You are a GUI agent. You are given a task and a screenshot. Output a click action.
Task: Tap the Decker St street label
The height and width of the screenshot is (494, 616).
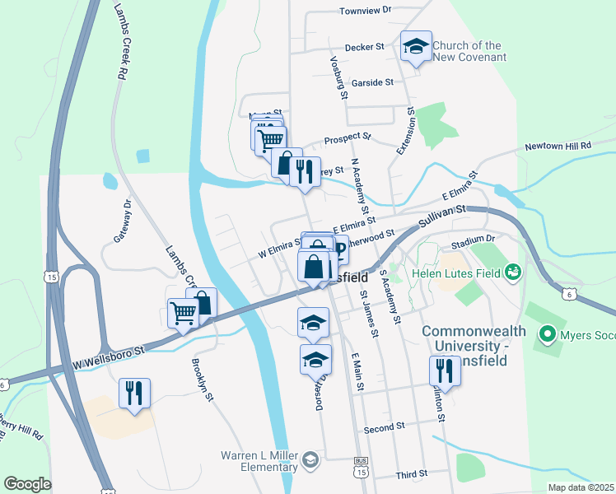pyautogui.click(x=366, y=48)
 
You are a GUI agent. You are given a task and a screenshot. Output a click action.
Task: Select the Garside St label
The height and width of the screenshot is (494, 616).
pyautogui.click(x=373, y=82)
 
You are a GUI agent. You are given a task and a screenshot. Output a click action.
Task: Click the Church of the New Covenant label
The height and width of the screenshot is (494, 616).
pyautogui.click(x=469, y=51)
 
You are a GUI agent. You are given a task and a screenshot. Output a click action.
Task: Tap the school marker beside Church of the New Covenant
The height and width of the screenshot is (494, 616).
pyautogui.click(x=416, y=47)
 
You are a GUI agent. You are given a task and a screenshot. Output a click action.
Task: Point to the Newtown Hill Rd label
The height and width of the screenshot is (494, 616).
pyautogui.click(x=559, y=146)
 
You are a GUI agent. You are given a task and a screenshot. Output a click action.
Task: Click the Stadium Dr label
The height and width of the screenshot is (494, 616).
pyautogui.click(x=472, y=238)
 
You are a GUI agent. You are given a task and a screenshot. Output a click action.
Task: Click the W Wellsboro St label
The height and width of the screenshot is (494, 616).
pyautogui.click(x=108, y=356)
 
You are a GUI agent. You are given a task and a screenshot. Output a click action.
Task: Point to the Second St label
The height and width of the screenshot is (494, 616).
pyautogui.click(x=385, y=427)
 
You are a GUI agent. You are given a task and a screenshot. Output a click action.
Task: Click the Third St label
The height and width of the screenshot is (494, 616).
pyautogui.click(x=411, y=474)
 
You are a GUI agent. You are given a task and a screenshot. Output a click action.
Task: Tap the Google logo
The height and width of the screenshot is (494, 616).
pyautogui.click(x=28, y=484)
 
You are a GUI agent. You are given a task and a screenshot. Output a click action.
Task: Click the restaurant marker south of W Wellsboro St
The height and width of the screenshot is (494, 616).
pyautogui.click(x=133, y=393)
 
